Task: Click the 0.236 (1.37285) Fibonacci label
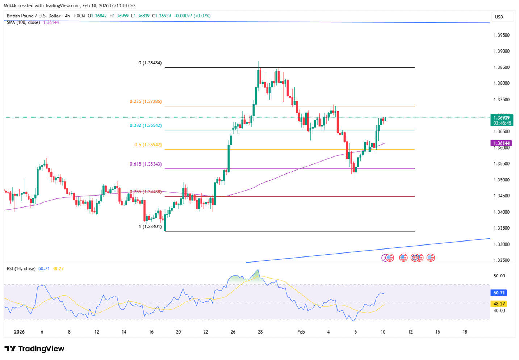pyautogui.click(x=146, y=102)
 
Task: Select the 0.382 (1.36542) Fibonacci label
pyautogui.click(x=146, y=126)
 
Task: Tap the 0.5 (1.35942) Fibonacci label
pyautogui.click(x=148, y=145)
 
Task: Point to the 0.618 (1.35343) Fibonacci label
pyautogui.click(x=146, y=164)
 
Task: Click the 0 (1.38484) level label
pyautogui.click(x=150, y=63)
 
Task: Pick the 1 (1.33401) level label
pyautogui.click(x=150, y=227)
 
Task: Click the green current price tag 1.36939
pyautogui.click(x=502, y=118)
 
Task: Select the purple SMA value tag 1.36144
pyautogui.click(x=502, y=143)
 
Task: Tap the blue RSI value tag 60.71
pyautogui.click(x=499, y=293)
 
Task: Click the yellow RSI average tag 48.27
pyautogui.click(x=499, y=304)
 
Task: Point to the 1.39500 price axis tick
pyautogui.click(x=501, y=35)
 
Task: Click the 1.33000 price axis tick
pyautogui.click(x=501, y=244)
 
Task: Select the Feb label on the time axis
pyautogui.click(x=301, y=332)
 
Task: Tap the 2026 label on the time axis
pyautogui.click(x=19, y=332)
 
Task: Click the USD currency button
pyautogui.click(x=499, y=17)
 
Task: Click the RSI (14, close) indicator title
pyautogui.click(x=21, y=269)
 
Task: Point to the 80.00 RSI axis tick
pyautogui.click(x=499, y=276)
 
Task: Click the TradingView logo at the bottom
pyautogui.click(x=34, y=349)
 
